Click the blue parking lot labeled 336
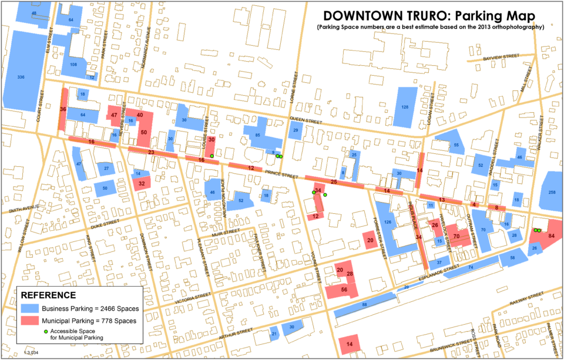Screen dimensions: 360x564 coord(21,78)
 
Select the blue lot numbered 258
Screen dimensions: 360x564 coord(552,192)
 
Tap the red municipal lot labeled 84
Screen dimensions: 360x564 coord(550,236)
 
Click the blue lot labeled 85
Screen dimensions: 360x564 coord(257,136)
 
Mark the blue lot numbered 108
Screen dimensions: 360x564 coord(73,65)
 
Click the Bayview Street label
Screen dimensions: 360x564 coord(501,56)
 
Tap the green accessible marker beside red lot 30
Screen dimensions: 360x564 coord(212,156)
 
